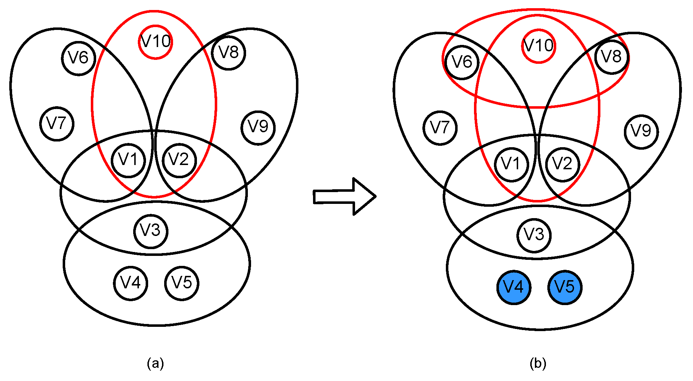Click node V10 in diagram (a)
[155, 42]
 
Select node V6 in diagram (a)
[78, 58]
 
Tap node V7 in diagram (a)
[57, 124]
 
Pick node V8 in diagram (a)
[228, 53]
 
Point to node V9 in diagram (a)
[258, 127]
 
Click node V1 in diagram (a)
[128, 160]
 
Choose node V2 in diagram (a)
[179, 160]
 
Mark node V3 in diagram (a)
[151, 231]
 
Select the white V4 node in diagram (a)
[131, 283]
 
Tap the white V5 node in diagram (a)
[182, 283]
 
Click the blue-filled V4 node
[514, 287]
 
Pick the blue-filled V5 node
[565, 287]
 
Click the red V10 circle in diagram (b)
[538, 46]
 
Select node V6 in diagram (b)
[462, 62]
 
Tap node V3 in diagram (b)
[534, 235]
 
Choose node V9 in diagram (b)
[641, 132]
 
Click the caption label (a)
[155, 364]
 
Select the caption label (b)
[538, 364]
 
